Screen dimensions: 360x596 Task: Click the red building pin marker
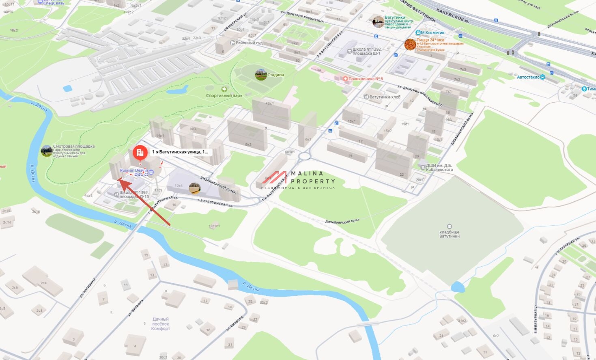click(x=140, y=153)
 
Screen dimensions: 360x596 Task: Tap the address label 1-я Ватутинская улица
click(x=180, y=152)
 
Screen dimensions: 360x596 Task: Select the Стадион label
click(x=275, y=75)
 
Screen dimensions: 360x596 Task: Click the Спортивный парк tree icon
click(x=224, y=89)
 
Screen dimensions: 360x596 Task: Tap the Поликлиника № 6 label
click(x=365, y=79)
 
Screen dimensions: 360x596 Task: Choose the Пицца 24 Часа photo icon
click(x=410, y=45)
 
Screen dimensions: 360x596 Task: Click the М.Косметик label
click(x=432, y=32)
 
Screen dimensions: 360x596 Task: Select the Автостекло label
click(x=528, y=77)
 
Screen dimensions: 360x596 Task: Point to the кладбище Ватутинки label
click(x=450, y=234)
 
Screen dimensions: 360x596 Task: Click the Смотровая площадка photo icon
click(x=46, y=151)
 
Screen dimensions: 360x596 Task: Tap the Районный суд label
click(x=249, y=43)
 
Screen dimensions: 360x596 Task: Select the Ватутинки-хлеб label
click(x=385, y=97)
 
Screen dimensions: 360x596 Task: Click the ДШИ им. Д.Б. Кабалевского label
click(x=439, y=168)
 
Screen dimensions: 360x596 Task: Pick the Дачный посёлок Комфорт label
click(x=161, y=324)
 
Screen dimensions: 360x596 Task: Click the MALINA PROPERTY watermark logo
click(x=299, y=180)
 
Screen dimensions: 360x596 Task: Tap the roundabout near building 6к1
click(x=304, y=156)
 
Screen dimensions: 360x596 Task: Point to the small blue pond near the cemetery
click(x=457, y=287)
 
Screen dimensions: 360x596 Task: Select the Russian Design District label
click(x=134, y=172)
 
